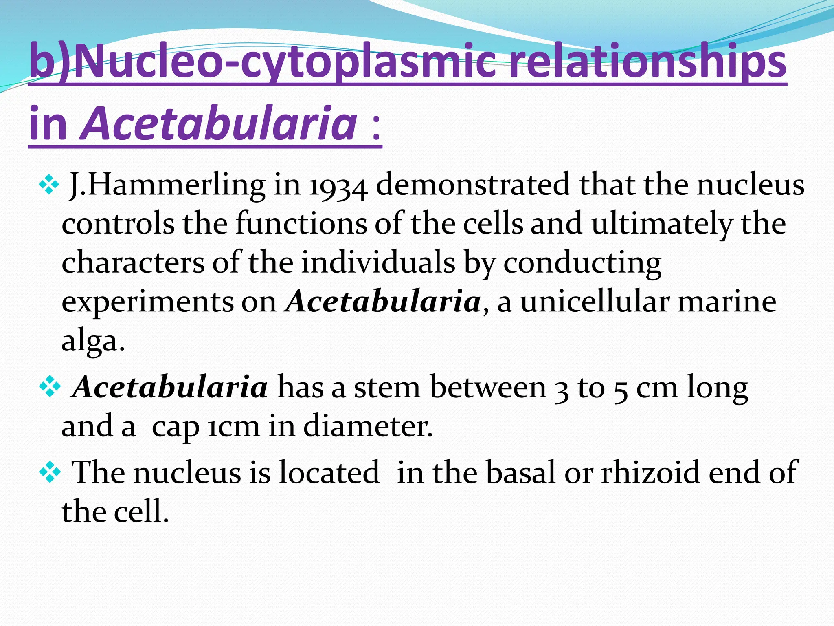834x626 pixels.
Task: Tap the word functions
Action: tap(301, 224)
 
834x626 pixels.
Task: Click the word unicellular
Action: tap(595, 302)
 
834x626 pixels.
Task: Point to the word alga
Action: tap(93, 342)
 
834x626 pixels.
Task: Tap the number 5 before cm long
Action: tap(621, 389)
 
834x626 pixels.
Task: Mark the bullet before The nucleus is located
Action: tap(49, 472)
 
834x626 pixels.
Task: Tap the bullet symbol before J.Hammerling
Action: tap(48, 185)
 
